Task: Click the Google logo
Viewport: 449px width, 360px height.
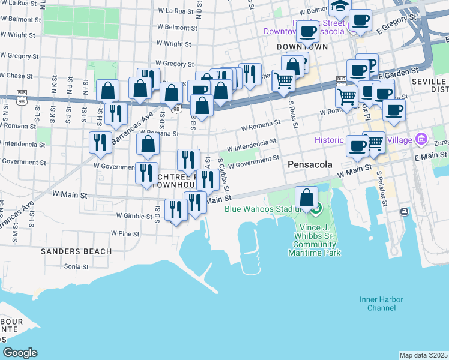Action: pos(20,353)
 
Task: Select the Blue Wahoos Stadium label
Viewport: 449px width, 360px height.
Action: pos(262,209)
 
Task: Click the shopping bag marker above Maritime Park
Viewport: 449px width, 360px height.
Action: pos(307,197)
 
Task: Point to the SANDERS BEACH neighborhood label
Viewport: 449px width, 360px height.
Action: pos(76,251)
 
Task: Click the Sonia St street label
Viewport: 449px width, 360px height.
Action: pos(76,266)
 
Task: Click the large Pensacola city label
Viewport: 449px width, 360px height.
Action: pos(310,163)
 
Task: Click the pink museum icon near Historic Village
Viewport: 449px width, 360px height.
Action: pos(421,139)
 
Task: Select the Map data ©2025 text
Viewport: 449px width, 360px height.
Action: pos(424,355)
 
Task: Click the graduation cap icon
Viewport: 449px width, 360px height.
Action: pos(339,6)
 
